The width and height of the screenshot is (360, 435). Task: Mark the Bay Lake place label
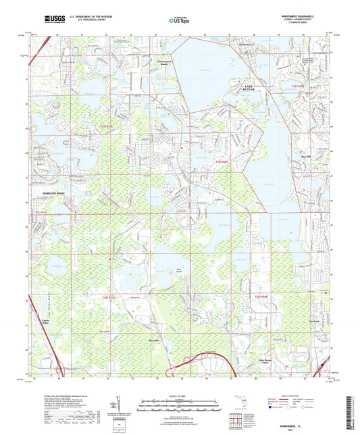155,340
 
